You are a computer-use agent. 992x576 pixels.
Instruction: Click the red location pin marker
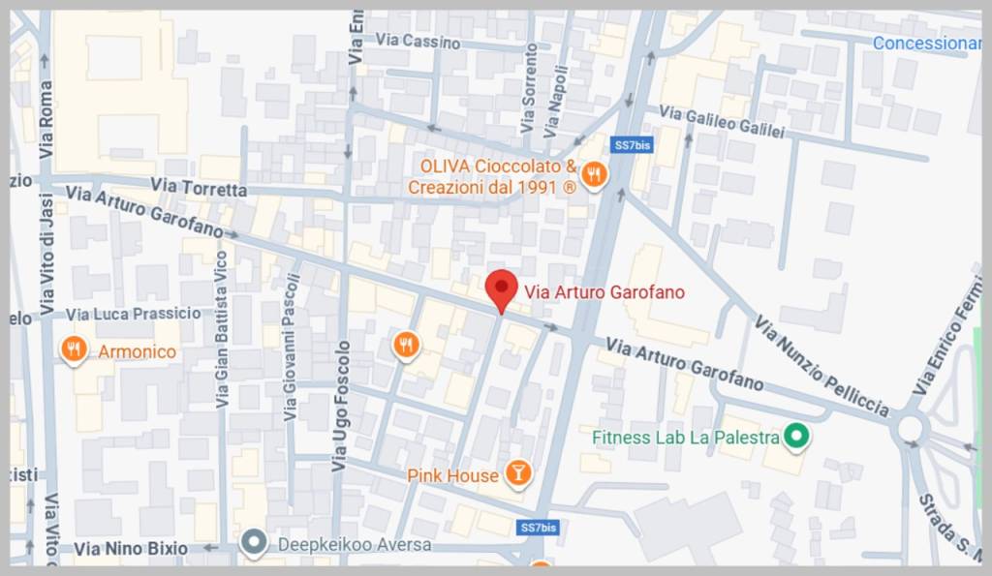tap(501, 288)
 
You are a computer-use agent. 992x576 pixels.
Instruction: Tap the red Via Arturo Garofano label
tap(604, 291)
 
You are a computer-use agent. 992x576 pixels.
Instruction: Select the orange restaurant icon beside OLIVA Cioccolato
tap(595, 175)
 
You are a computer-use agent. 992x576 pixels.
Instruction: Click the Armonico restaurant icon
tap(75, 349)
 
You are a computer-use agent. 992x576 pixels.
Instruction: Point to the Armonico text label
tap(138, 351)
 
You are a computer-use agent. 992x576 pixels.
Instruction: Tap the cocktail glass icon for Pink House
tap(519, 473)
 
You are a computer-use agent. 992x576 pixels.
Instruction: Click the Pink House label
tap(452, 475)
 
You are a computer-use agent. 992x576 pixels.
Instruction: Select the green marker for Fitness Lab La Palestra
tap(797, 438)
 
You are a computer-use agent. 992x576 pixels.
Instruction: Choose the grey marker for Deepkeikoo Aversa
tap(255, 544)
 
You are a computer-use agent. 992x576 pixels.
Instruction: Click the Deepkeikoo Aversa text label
tap(355, 545)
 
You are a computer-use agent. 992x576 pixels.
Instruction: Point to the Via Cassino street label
tap(411, 40)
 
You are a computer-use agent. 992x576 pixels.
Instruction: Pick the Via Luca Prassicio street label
tap(135, 314)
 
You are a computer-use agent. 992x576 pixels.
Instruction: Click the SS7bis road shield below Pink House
tap(538, 528)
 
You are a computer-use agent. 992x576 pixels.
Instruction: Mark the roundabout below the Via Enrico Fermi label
tap(911, 427)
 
